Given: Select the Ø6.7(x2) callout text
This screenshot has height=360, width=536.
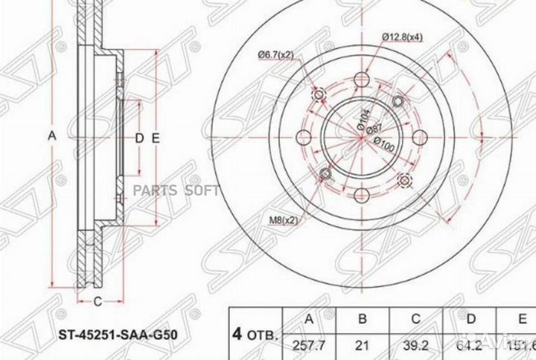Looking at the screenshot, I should (x=276, y=54).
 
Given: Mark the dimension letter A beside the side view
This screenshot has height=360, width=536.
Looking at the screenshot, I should (x=51, y=136).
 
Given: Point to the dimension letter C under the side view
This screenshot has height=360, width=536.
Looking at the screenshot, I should (x=98, y=300).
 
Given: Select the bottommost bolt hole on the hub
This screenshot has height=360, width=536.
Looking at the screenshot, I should (x=362, y=194).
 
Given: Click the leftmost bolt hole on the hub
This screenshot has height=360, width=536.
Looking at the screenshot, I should (x=304, y=137).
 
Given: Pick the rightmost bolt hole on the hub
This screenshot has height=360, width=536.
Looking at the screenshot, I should (x=419, y=137).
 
